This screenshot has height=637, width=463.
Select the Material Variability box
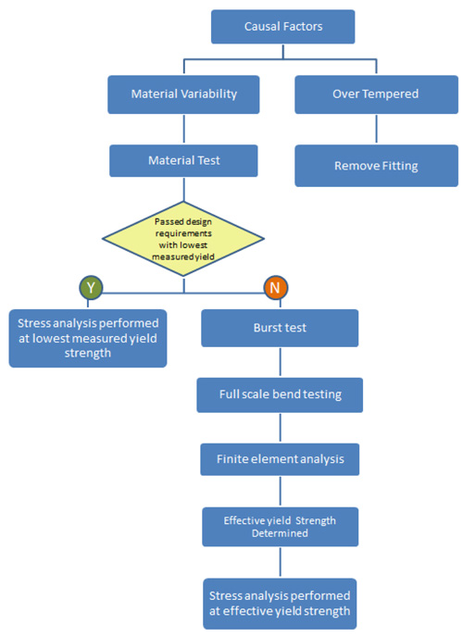182,94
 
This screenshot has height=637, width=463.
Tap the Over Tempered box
375,94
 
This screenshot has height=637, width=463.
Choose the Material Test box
183,160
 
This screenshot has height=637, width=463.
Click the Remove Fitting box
375,167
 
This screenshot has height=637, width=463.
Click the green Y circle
90,288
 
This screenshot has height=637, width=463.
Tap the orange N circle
275,288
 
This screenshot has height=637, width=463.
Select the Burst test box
280,328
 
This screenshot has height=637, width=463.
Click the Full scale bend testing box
280,394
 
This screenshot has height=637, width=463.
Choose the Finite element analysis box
280,457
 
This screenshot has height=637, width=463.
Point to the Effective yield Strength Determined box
280,526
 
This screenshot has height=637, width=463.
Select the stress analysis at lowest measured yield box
88,338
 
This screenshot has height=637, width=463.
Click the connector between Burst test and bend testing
280,362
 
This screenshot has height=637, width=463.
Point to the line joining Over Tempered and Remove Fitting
375,130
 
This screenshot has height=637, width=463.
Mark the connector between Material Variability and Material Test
183,128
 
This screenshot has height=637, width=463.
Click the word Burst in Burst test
268,328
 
